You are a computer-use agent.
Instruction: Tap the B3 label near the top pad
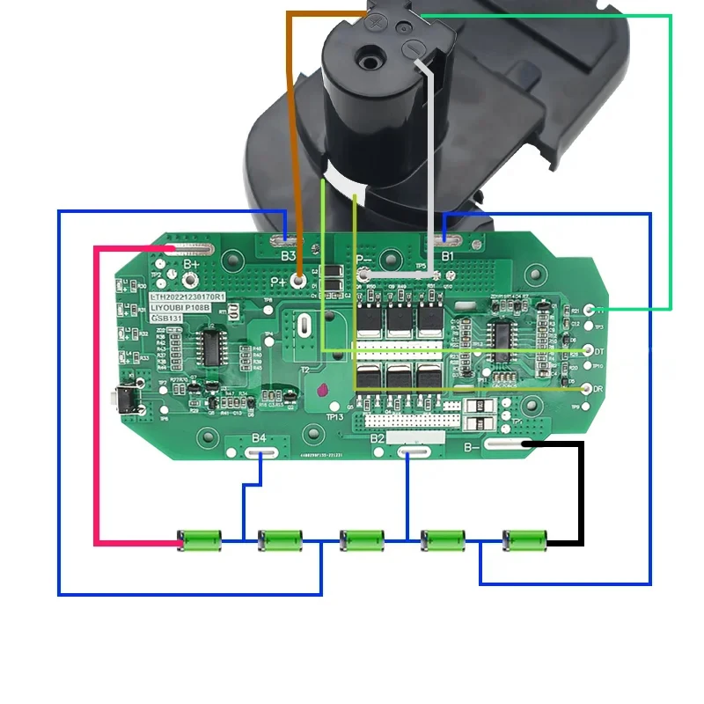(x=288, y=256)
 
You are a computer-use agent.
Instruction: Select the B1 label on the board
(x=447, y=256)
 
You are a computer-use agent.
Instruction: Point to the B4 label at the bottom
(x=259, y=437)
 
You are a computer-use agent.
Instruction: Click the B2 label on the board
(x=377, y=437)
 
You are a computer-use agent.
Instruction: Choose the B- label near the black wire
(x=473, y=448)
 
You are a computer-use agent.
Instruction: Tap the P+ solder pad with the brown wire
(x=300, y=281)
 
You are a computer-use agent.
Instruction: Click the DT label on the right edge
(x=598, y=350)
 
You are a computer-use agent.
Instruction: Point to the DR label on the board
(x=598, y=388)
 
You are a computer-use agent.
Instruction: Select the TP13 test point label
(x=334, y=417)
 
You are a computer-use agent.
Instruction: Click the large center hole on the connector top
(x=362, y=64)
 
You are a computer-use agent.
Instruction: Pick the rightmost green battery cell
(x=524, y=539)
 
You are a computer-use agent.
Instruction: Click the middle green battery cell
(x=362, y=539)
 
